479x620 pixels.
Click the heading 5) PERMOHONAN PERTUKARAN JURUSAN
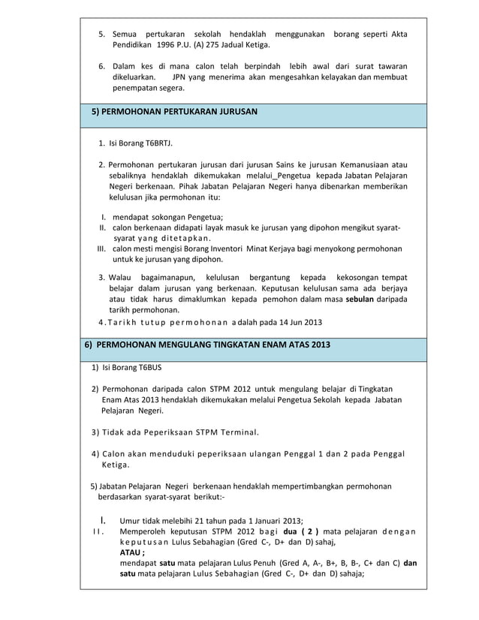[174, 112]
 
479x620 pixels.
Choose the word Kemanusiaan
[368, 164]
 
